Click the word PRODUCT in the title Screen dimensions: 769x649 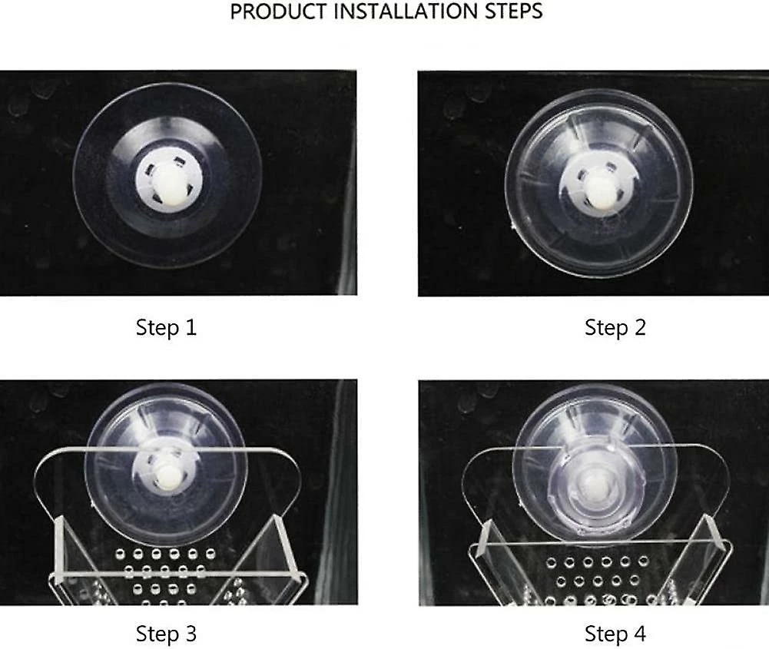click(x=279, y=12)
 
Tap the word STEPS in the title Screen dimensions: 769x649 click(x=514, y=12)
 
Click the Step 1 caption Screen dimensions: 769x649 click(x=166, y=327)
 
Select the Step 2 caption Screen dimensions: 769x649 click(x=615, y=327)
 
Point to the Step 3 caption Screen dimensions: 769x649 click(x=166, y=634)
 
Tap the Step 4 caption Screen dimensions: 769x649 click(x=615, y=634)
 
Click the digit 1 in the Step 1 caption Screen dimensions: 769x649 click(x=191, y=327)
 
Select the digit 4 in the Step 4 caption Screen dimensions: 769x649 click(x=639, y=634)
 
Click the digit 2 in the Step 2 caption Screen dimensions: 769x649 click(x=640, y=327)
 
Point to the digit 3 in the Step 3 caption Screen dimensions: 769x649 click(x=191, y=634)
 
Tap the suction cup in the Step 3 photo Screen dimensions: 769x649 click(x=166, y=463)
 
